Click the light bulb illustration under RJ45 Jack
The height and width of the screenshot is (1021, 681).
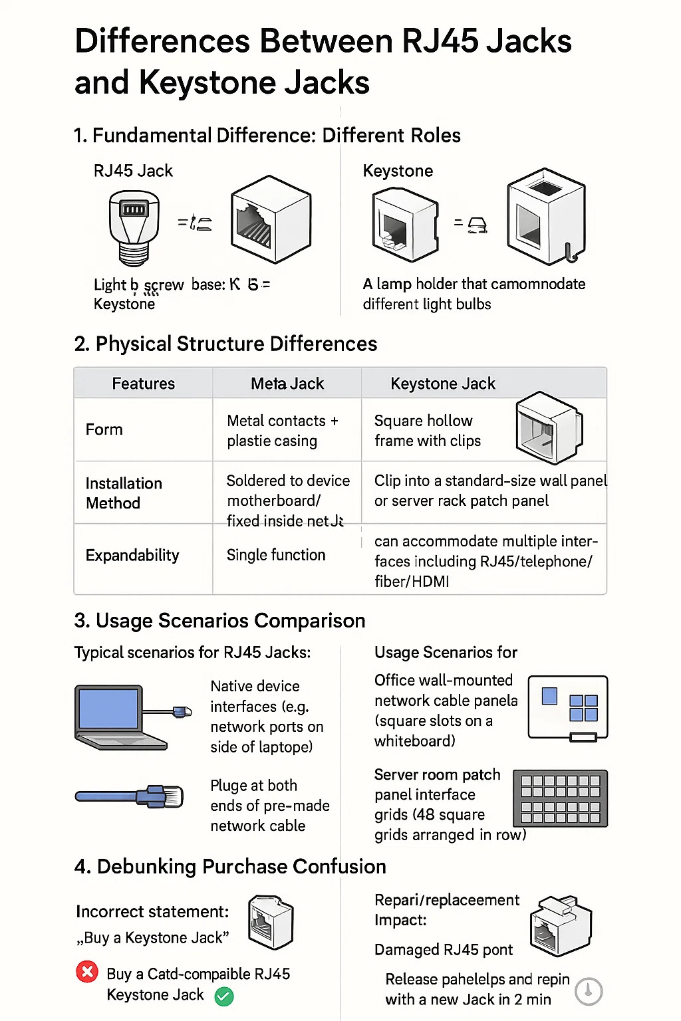[134, 226]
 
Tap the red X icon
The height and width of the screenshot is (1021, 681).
[87, 972]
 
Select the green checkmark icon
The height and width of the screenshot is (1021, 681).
[224, 996]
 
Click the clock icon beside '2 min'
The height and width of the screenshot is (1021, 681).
[589, 991]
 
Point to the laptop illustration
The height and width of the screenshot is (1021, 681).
[120, 718]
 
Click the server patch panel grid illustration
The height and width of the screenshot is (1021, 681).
[561, 798]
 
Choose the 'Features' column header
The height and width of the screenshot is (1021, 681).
[143, 384]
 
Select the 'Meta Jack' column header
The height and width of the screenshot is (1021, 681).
[287, 384]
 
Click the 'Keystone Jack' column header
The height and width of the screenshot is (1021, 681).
[443, 384]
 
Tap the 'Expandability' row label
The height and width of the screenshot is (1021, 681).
[132, 555]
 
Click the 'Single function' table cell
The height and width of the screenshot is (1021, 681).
[276, 555]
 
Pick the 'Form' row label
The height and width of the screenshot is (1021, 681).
[104, 429]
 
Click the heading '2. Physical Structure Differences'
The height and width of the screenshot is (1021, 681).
[226, 344]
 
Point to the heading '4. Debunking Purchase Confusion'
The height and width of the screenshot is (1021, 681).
[230, 867]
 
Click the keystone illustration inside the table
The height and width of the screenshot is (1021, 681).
[549, 427]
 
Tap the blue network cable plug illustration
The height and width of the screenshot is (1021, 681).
[130, 796]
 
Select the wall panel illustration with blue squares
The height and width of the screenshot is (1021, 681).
[568, 708]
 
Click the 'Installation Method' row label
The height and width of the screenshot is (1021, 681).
[124, 493]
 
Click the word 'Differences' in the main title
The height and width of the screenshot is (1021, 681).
[162, 41]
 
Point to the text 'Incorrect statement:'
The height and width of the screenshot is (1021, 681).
[152, 911]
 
